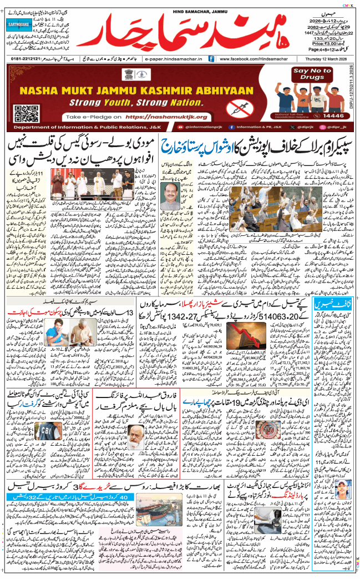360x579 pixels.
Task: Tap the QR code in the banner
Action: click(27, 109)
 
